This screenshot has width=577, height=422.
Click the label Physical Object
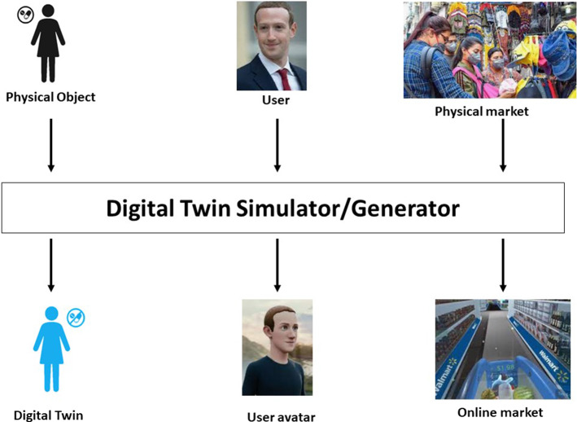pyautogui.click(x=50, y=98)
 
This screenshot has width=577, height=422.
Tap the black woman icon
pyautogui.click(x=48, y=45)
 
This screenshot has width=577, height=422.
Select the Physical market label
pyautogui.click(x=481, y=111)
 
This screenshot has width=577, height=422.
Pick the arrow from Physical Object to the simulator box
pyautogui.click(x=51, y=145)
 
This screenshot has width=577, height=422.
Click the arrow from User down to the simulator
pyautogui.click(x=277, y=145)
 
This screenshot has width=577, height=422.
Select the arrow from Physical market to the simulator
pyautogui.click(x=503, y=145)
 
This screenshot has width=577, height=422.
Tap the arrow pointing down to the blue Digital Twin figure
pyautogui.click(x=51, y=265)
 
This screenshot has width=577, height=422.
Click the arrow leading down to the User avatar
pyautogui.click(x=277, y=265)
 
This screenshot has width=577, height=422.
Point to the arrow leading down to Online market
pyautogui.click(x=503, y=265)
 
